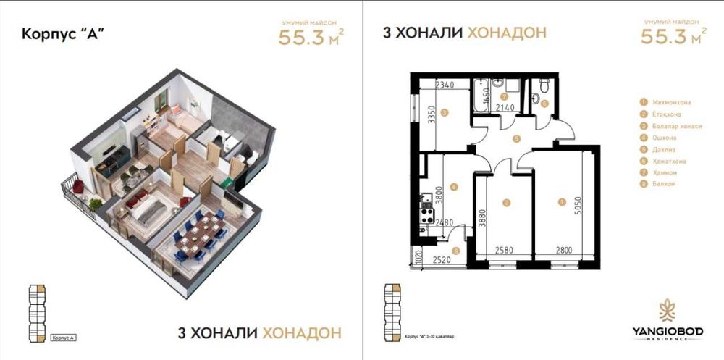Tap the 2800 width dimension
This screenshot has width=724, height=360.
coord(565,251)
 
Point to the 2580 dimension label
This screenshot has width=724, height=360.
coord(505,251)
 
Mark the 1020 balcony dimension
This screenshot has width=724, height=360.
coord(418,258)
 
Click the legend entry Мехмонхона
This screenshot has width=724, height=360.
coord(670,103)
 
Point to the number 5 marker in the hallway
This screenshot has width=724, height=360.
coord(515,138)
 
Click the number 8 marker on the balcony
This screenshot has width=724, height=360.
coord(455,251)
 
